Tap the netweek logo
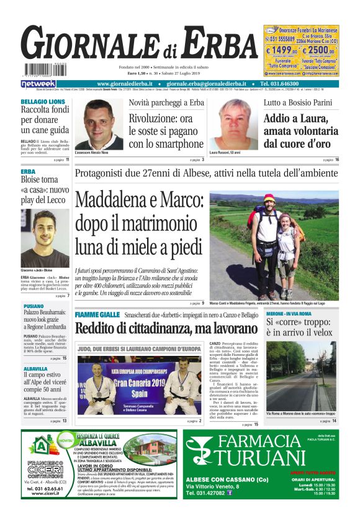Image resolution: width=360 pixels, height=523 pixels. pos(38,84)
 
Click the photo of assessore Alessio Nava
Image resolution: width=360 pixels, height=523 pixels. pos(99,124)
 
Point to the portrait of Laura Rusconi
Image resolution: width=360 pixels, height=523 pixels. pos(233,124)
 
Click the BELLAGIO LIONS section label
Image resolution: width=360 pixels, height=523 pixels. pos(43,101)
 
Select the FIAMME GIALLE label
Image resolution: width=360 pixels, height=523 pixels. pos(97,316)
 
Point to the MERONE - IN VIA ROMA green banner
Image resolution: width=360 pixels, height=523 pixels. pos(289,314)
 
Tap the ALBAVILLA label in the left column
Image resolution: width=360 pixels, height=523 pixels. pos(35,368)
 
